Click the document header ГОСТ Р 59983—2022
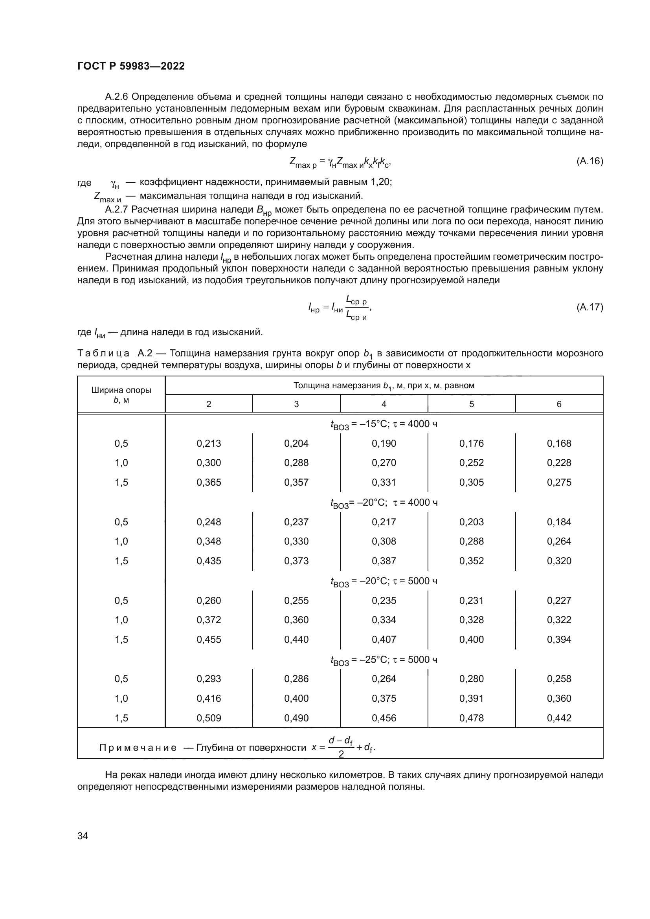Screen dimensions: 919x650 [131, 66]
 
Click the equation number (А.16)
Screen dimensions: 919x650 [589, 161]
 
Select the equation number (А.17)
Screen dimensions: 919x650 [589, 307]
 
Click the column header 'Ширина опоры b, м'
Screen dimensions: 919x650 [121, 394]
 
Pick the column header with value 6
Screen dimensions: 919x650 [559, 404]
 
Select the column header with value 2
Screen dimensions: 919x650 [209, 404]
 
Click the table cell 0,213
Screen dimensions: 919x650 [209, 443]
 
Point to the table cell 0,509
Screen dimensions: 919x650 [209, 718]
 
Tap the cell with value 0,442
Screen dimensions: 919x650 [559, 718]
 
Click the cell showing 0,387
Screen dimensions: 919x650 [384, 561]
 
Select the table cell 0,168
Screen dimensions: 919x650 [559, 443]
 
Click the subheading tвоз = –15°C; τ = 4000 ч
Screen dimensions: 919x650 [384, 424]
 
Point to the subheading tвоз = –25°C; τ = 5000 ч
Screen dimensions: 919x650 [384, 660]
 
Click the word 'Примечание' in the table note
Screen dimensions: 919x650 [138, 748]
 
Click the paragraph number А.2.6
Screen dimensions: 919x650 [116, 97]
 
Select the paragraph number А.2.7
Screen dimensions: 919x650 [116, 209]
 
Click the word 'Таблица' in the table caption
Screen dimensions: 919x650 [103, 353]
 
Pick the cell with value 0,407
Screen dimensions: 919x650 [384, 639]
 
